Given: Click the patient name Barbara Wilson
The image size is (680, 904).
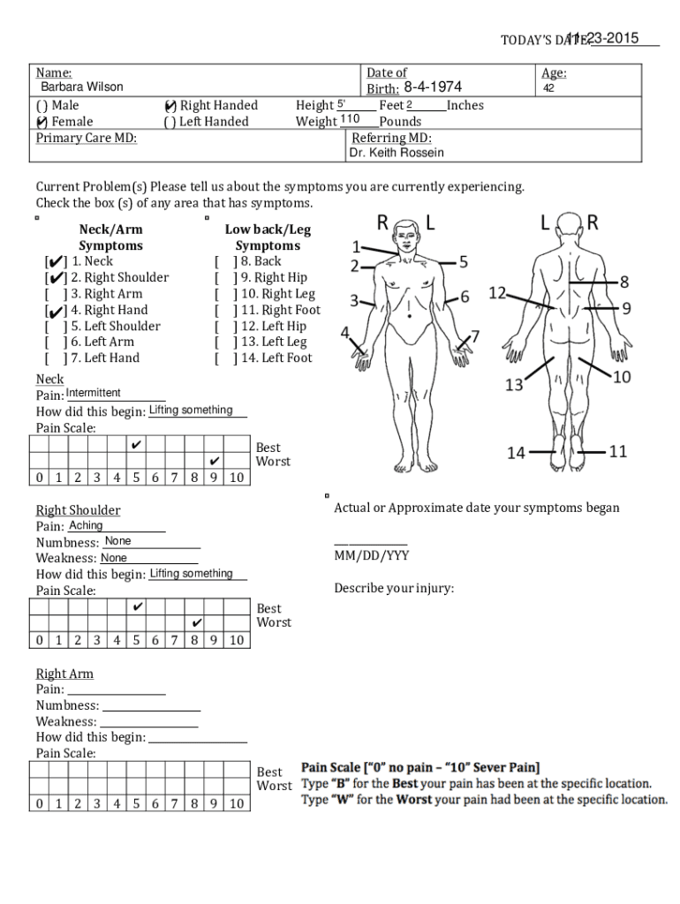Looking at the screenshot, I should (x=81, y=87).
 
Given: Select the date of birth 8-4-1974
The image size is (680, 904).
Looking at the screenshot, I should (x=433, y=87).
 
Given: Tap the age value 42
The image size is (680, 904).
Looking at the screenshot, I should (x=548, y=88).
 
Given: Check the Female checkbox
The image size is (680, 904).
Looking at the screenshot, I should (x=42, y=122).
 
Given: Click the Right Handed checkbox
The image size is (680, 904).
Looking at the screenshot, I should (x=170, y=106).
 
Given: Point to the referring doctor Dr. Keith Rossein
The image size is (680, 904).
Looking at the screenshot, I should (x=397, y=153).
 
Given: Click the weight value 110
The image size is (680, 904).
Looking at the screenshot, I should (x=350, y=119).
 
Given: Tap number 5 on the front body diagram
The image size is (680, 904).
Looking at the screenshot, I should (x=463, y=261).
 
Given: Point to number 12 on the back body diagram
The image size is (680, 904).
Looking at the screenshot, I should (x=497, y=292).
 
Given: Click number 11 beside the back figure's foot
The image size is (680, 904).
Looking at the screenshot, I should (x=617, y=451).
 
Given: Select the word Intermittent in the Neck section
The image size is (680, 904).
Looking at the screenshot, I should (x=94, y=393).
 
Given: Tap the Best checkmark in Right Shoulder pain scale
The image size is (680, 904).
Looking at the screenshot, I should (x=137, y=607).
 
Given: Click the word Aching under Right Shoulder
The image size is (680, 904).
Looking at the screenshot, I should (x=86, y=525).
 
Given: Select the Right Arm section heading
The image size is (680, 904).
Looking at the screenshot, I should (x=64, y=674).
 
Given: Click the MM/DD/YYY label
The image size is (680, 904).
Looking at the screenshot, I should (x=371, y=555).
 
